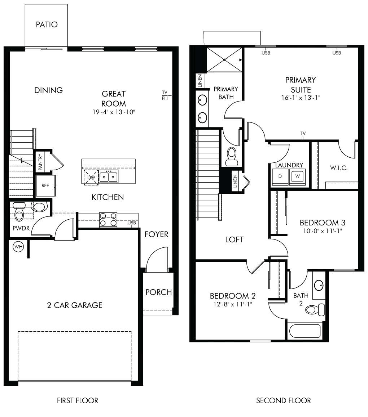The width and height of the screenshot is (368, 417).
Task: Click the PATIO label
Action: pos(47,24)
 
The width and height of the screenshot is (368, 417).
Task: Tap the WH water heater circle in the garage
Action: pos(18,247)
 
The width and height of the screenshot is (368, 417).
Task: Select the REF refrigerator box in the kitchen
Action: pos(45,185)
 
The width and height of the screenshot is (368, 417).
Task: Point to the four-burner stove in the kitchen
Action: pos(108,220)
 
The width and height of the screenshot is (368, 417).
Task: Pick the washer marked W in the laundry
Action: pos(297,176)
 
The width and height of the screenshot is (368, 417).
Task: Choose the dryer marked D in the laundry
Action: pos(280,176)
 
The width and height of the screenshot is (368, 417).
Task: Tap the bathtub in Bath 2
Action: pos(305,331)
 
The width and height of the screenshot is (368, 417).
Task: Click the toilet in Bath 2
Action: pos(315,310)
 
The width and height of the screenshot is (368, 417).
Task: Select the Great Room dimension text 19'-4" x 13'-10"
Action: pos(114,112)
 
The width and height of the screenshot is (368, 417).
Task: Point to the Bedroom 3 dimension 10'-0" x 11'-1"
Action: pos(323,231)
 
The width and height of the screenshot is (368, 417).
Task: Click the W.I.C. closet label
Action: pos(339,168)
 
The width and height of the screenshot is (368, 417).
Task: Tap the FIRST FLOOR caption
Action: pos(78,400)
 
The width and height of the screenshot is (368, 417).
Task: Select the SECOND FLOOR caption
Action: pos(284,400)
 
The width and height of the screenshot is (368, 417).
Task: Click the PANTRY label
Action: pos(40,162)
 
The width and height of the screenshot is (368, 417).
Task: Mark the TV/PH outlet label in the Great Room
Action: pos(165,95)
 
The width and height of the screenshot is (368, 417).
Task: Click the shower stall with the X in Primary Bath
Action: pos(225,60)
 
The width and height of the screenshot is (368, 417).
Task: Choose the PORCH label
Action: pos(158,292)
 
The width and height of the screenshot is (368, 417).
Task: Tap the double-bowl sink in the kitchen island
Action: pos(109,177)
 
